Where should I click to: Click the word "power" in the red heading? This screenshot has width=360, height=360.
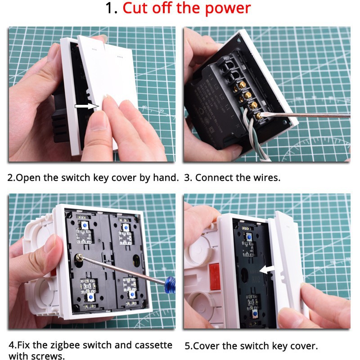pyautogui.click(x=228, y=9)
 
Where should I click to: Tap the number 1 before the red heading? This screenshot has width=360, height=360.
pyautogui.click(x=109, y=8)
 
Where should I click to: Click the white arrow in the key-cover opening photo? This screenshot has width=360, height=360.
pyautogui.click(x=86, y=106)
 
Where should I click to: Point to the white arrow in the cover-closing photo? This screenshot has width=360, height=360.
pyautogui.click(x=267, y=269)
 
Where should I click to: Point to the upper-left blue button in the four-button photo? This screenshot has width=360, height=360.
pyautogui.click(x=85, y=225)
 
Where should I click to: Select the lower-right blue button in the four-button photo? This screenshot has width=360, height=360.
pyautogui.click(x=132, y=295)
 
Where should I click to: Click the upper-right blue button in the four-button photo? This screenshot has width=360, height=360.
pyautogui.click(x=126, y=228)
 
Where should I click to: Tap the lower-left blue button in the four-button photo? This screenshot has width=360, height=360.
pyautogui.click(x=91, y=297)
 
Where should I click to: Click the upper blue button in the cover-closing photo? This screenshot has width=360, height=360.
pyautogui.click(x=249, y=237)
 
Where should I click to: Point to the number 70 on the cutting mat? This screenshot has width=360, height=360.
pyautogui.click(x=162, y=111)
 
